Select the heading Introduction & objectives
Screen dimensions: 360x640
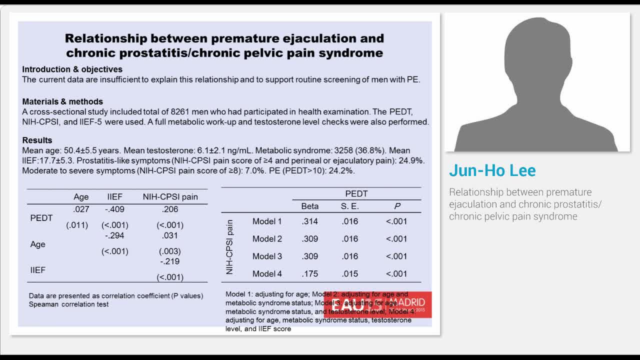pos(72,69)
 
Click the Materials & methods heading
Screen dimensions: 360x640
pos(62,101)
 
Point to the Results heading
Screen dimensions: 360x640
pos(37,140)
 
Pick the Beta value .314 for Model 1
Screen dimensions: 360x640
pos(309,221)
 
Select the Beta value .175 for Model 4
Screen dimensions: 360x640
pos(309,274)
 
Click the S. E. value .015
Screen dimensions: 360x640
pos(349,274)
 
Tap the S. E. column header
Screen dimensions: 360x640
pos(349,206)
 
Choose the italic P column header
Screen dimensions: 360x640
pos(397,206)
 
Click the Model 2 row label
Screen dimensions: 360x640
pos(267,239)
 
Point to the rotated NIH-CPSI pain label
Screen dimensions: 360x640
pos(230,247)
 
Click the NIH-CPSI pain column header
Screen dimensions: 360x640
pos(170,197)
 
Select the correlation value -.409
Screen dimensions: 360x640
pos(114,209)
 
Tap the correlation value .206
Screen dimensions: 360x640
pos(170,209)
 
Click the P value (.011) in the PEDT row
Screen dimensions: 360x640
pos(77,225)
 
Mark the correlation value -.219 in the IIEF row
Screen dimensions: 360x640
pos(169,261)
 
